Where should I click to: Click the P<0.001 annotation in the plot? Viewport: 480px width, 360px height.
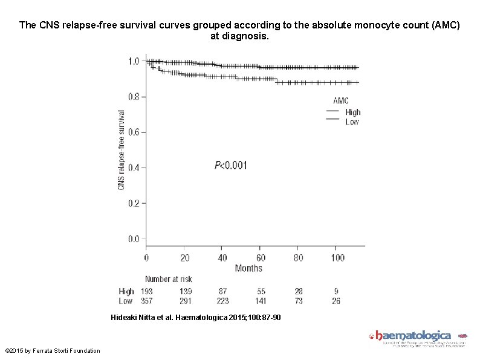coord(231,165)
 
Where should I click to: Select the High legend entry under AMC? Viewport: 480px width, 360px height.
coord(352,112)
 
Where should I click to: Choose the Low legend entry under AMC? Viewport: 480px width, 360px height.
coord(352,122)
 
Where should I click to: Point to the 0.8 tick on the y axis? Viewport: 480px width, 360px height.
coord(134,96)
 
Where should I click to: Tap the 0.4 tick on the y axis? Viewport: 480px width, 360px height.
coord(134,168)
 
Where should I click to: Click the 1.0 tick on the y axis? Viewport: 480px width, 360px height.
coord(134,61)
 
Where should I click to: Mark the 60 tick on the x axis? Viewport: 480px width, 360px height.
coord(261,258)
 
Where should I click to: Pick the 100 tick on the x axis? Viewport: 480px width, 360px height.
coord(337,258)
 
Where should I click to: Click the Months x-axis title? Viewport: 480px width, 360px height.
coord(248,268)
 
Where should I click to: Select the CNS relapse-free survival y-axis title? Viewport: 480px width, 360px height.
coord(122,149)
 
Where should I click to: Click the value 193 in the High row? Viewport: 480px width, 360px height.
coord(146,292)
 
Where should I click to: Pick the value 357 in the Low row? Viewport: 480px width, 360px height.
coord(146,301)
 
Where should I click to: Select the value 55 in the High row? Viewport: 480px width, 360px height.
coord(261,292)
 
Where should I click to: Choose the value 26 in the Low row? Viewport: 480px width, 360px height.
coord(337,301)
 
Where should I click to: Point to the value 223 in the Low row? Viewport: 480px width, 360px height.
coord(222,301)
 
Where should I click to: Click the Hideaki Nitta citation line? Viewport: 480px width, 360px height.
coord(196,318)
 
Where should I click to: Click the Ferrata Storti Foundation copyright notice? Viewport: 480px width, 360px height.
coord(53,351)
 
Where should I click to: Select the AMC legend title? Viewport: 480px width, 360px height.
coord(341,101)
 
